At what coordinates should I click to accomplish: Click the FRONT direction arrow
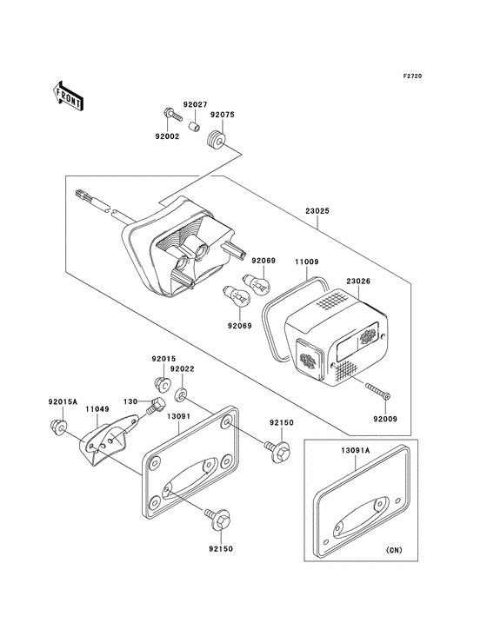69,96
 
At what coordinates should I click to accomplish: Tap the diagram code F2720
412,76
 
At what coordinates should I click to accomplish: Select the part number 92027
195,104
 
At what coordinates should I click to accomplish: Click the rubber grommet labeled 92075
215,140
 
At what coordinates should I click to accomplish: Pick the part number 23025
317,211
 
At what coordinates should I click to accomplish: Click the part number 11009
307,262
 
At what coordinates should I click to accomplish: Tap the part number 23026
358,282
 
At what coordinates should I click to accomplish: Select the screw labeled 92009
377,391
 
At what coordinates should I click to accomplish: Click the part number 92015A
63,402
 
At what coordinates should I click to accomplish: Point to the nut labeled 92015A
59,427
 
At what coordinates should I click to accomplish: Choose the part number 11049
97,409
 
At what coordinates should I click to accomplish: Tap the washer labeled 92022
181,394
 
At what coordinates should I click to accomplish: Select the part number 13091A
356,450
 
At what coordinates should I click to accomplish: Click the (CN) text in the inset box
394,550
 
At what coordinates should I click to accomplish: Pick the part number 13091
179,416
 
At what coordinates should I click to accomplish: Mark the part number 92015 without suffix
163,359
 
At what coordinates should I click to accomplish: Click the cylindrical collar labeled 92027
195,123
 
